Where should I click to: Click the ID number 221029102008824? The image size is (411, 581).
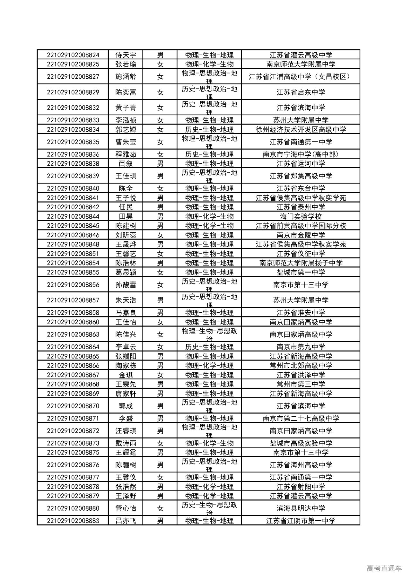click(73, 55)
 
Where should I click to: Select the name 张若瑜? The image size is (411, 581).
click(126, 64)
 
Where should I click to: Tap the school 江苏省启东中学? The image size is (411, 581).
click(301, 92)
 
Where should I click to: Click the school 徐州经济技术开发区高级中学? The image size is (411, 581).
click(301, 130)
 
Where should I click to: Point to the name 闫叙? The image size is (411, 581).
click(126, 164)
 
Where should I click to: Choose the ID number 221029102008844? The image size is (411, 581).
click(73, 216)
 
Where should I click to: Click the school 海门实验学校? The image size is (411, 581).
click(301, 216)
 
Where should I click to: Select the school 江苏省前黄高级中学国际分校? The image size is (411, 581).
click(301, 226)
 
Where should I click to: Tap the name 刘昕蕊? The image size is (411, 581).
click(126, 235)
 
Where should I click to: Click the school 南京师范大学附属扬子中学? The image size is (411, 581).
click(301, 263)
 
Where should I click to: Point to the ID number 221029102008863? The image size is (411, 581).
click(73, 334)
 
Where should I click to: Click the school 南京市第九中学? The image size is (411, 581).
click(301, 347)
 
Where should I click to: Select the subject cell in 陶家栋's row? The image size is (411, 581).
click(209, 366)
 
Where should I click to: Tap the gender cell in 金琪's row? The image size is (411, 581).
click(160, 375)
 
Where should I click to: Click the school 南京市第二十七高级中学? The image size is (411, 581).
click(301, 419)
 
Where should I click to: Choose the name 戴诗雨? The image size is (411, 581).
click(126, 443)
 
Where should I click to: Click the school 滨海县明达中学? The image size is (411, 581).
click(301, 508)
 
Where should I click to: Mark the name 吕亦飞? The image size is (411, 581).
click(126, 521)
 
